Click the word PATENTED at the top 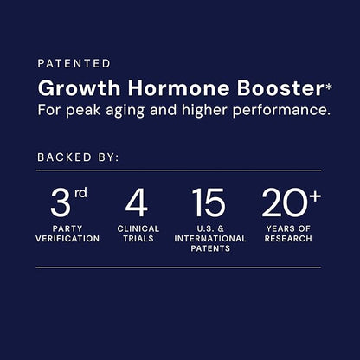coord(74,63)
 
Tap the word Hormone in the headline coord(154,88)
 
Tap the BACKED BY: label coord(78,158)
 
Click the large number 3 coord(60,204)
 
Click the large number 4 coord(136,204)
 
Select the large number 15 coord(209,204)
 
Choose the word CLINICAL coord(137,229)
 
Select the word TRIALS coord(137,238)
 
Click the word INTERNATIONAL coord(209,238)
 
